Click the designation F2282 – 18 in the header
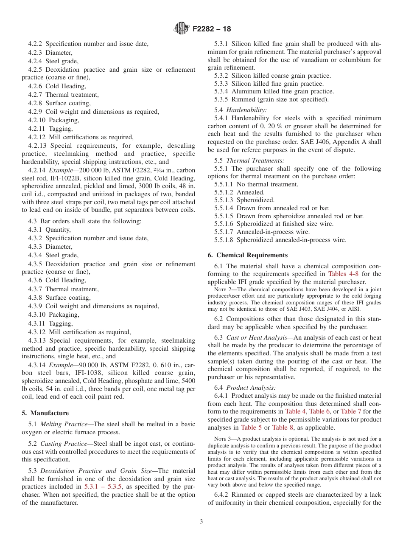pos(212,29)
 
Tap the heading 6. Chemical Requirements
pos(248,255)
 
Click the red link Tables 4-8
pos(343,274)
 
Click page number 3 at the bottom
pos(201,521)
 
